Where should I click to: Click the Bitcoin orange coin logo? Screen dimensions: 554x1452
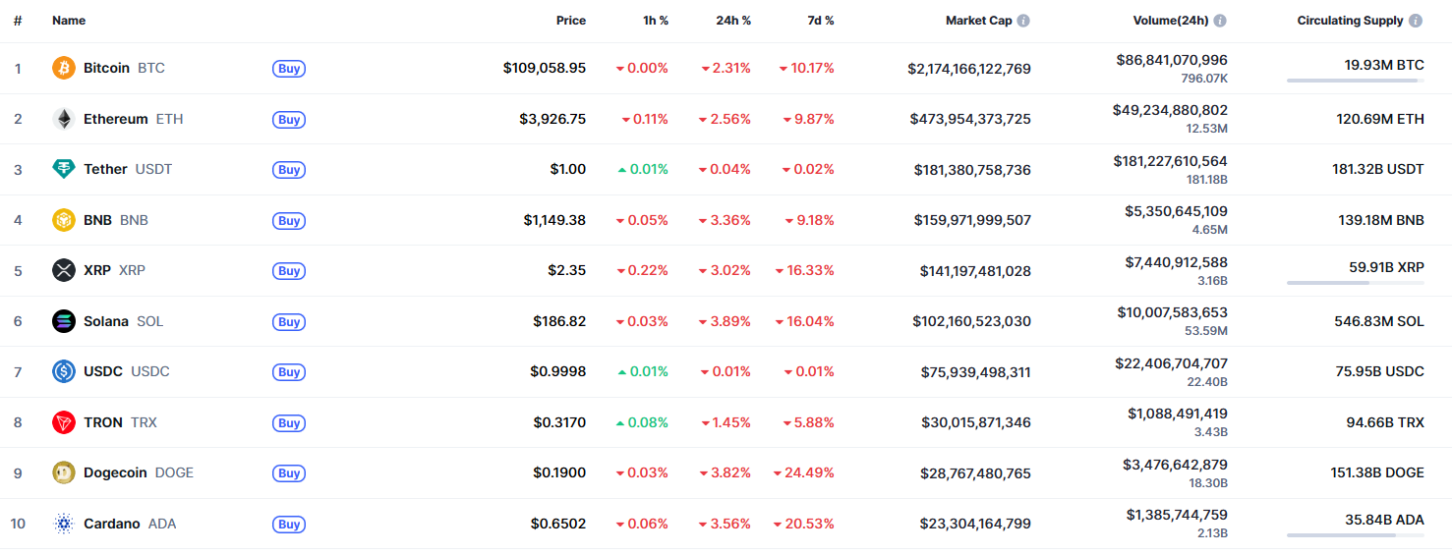(64, 68)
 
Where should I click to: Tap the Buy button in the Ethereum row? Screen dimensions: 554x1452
(289, 119)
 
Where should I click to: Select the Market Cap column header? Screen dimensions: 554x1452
(978, 21)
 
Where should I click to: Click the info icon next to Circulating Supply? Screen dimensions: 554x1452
(1415, 21)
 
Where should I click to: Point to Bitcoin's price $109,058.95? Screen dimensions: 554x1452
(544, 68)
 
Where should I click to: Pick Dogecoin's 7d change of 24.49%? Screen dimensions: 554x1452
(804, 472)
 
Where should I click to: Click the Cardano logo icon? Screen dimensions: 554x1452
(64, 524)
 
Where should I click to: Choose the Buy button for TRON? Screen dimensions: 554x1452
(289, 422)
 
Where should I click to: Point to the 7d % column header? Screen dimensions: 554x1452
(814, 21)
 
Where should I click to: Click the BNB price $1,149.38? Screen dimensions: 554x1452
(554, 220)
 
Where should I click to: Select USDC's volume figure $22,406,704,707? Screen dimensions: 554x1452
(1171, 363)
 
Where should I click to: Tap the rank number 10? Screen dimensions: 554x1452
(18, 524)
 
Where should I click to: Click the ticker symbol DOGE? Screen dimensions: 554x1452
(174, 472)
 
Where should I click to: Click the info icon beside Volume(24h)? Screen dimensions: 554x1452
(1220, 21)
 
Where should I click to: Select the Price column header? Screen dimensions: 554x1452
(570, 21)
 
